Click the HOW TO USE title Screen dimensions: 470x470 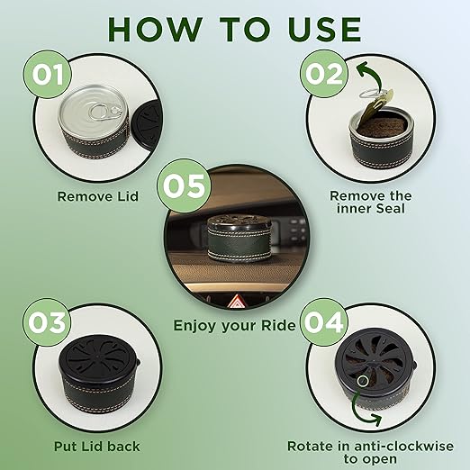click(x=235, y=29)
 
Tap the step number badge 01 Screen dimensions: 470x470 click(x=48, y=74)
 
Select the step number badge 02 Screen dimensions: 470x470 click(x=324, y=74)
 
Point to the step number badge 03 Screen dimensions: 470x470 click(x=47, y=322)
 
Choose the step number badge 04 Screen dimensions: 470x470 click(x=324, y=322)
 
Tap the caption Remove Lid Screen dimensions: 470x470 click(x=98, y=196)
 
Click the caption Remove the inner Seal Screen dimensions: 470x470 click(x=371, y=203)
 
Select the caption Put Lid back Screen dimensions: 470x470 click(x=97, y=447)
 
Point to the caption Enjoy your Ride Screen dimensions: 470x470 click(x=235, y=326)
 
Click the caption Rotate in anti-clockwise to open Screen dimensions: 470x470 click(x=370, y=452)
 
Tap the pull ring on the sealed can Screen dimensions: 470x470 click(x=104, y=112)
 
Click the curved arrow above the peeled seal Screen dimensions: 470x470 click(x=371, y=75)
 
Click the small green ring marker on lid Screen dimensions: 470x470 click(x=363, y=381)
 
